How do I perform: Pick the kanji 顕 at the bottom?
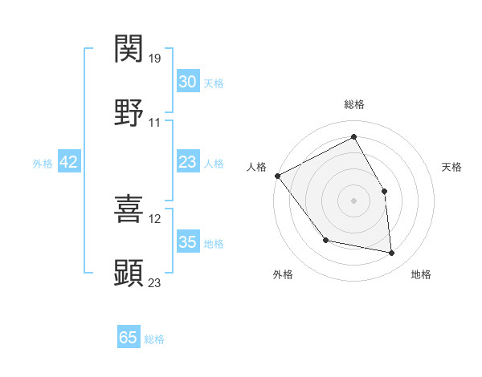(x=129, y=273)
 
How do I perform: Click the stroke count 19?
(x=156, y=58)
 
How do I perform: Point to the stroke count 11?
(x=155, y=123)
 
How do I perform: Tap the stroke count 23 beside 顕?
(x=156, y=282)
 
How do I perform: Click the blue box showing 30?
(x=187, y=82)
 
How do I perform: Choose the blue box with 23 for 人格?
(x=187, y=162)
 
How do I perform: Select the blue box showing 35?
(x=187, y=242)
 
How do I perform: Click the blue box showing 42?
(x=69, y=162)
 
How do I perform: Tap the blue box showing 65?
(x=129, y=338)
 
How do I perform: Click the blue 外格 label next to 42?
(x=43, y=163)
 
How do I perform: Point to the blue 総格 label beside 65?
(x=154, y=339)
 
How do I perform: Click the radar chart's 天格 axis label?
(x=451, y=167)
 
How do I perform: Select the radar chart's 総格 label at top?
(x=353, y=104)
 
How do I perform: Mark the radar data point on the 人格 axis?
(x=277, y=176)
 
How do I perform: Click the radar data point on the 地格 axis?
(x=392, y=253)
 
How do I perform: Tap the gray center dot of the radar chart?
(x=353, y=200)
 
